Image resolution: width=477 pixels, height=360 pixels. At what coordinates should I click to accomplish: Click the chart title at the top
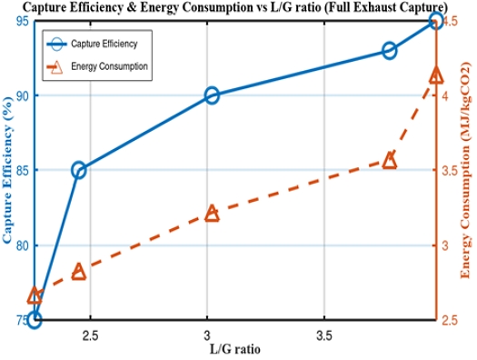click(x=238, y=7)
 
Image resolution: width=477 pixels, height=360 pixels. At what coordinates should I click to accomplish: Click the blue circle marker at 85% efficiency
click(x=79, y=170)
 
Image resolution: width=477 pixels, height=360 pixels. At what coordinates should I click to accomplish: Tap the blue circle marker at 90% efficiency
click(x=212, y=95)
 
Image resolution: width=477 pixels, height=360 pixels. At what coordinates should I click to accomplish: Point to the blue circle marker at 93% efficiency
click(x=389, y=51)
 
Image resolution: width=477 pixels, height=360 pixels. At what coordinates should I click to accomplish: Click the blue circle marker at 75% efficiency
click(x=35, y=319)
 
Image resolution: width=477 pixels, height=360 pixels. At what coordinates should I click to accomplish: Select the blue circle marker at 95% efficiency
click(x=435, y=20)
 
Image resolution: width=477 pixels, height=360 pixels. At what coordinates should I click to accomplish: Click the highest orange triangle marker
click(x=435, y=75)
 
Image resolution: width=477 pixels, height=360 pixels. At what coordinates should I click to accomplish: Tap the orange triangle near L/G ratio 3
click(x=212, y=213)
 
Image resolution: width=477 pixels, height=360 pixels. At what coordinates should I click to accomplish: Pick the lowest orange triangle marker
click(x=35, y=295)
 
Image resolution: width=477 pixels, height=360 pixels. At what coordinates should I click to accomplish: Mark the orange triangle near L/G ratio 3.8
click(x=389, y=160)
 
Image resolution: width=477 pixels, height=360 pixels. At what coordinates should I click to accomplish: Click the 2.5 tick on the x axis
click(x=91, y=334)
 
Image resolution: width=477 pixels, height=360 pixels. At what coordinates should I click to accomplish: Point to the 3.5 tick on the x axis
click(x=322, y=334)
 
